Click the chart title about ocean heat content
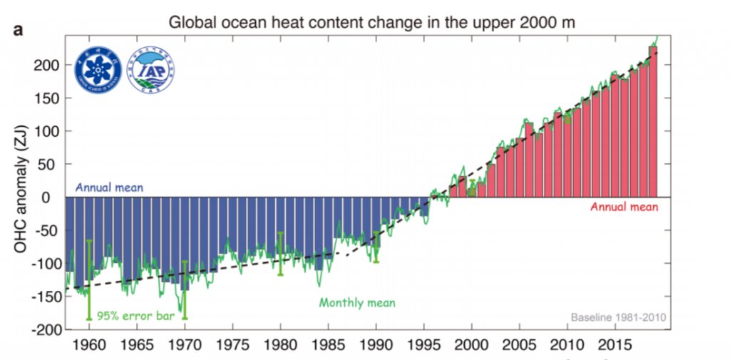(x=371, y=23)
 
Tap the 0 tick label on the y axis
(x=53, y=197)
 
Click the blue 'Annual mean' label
(x=109, y=189)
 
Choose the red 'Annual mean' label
(x=624, y=207)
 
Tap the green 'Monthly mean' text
(x=356, y=302)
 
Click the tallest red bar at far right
(x=652, y=121)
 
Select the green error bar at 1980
(x=280, y=253)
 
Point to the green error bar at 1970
(x=185, y=289)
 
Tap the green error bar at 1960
(x=89, y=279)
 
